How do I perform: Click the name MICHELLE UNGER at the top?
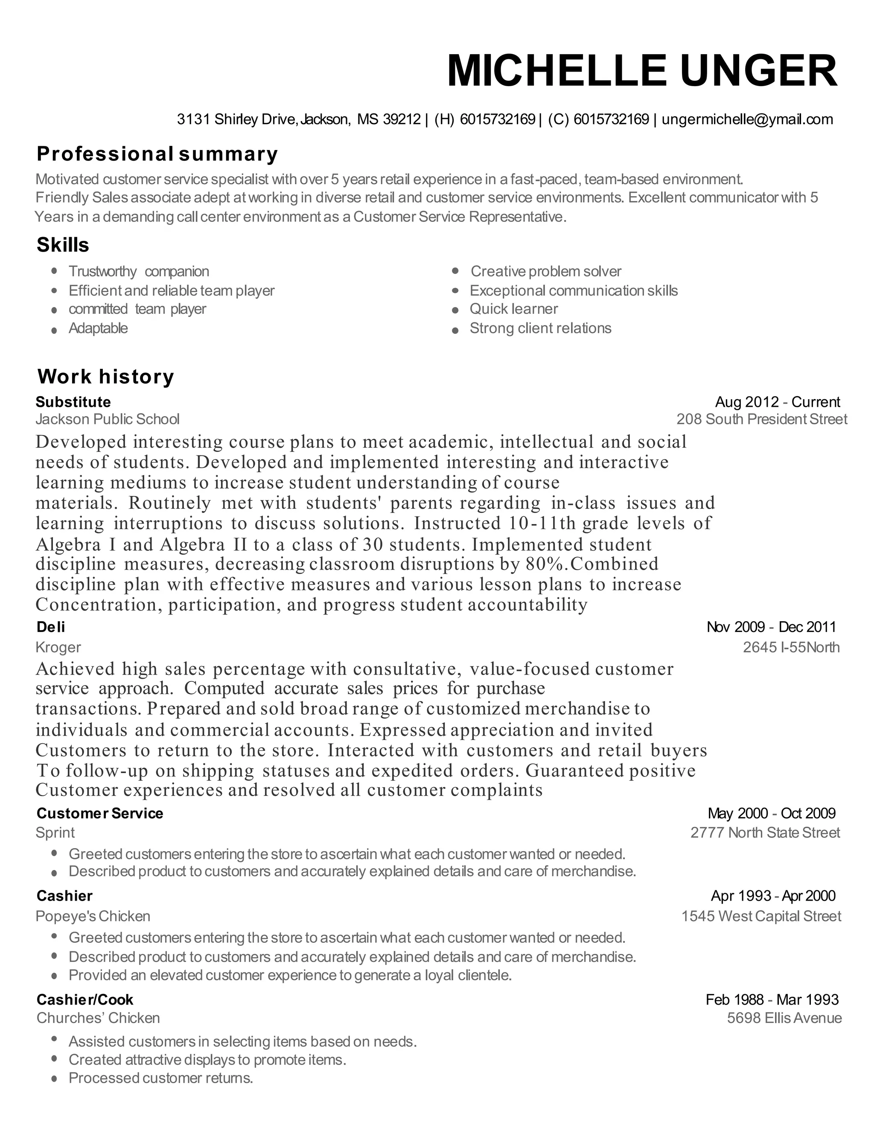(x=641, y=71)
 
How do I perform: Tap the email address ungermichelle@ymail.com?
(x=747, y=119)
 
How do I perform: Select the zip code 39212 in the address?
(x=401, y=119)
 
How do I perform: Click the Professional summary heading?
(x=157, y=154)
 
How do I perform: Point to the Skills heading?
(x=63, y=245)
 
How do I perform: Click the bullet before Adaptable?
(x=54, y=330)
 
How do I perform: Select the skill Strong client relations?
(x=540, y=328)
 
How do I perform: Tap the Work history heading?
(x=106, y=376)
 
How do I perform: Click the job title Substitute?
(x=73, y=402)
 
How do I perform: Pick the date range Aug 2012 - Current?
(x=777, y=402)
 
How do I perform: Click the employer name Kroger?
(x=58, y=647)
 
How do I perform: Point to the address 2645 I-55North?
(x=791, y=647)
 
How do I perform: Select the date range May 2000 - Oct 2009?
(x=771, y=813)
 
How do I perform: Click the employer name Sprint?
(x=55, y=832)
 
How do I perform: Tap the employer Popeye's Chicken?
(x=93, y=916)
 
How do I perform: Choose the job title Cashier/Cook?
(x=85, y=1000)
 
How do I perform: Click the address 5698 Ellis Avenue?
(x=784, y=1018)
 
